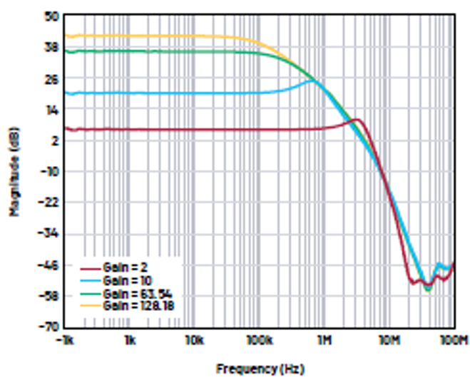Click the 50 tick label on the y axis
pyautogui.click(x=51, y=16)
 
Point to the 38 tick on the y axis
pyautogui.click(x=51, y=47)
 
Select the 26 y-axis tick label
pyautogui.click(x=51, y=78)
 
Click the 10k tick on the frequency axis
pyautogui.click(x=194, y=339)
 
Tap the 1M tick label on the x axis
pyautogui.click(x=325, y=339)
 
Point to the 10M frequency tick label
pyautogui.click(x=389, y=339)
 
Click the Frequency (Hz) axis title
pyautogui.click(x=260, y=369)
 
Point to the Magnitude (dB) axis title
pyautogui.click(x=14, y=171)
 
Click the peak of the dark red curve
pyautogui.click(x=357, y=120)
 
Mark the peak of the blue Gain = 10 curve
pyautogui.click(x=312, y=81)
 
